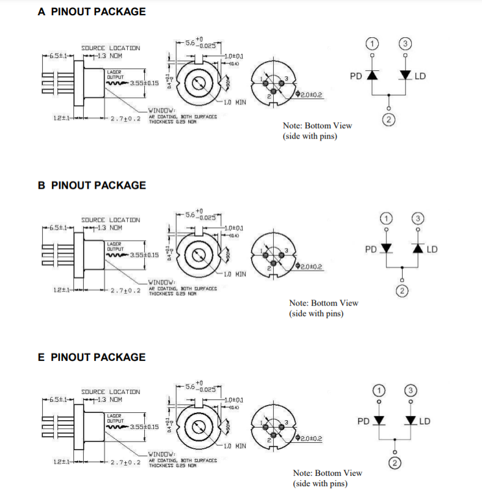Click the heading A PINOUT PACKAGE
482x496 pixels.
[92, 12]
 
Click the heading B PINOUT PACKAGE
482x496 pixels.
[92, 185]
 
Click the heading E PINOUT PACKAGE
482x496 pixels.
[92, 357]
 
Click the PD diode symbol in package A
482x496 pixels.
[373, 75]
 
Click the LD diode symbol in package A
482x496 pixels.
[405, 75]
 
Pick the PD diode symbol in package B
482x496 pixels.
[385, 249]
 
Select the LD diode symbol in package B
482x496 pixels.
[418, 249]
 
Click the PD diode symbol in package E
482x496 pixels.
[379, 421]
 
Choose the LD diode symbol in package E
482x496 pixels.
[411, 421]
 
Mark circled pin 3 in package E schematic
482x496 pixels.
[411, 390]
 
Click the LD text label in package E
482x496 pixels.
[425, 421]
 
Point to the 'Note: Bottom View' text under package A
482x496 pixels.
[317, 125]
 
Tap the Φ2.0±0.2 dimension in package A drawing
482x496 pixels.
[309, 95]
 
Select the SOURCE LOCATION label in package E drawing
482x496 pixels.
[111, 392]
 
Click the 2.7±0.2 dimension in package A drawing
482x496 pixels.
[126, 119]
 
